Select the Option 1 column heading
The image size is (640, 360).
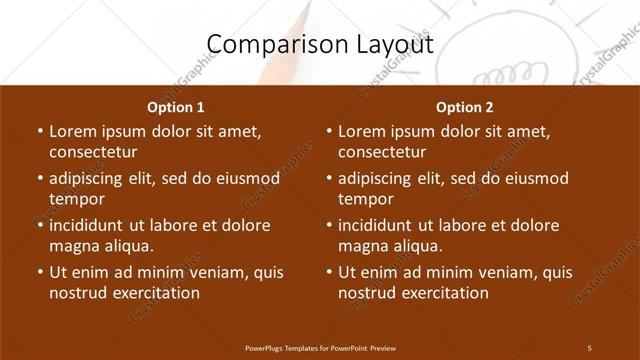pyautogui.click(x=175, y=107)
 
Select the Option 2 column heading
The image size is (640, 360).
pyautogui.click(x=465, y=107)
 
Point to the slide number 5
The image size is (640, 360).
pyautogui.click(x=589, y=347)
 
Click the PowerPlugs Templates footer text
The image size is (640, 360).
pyautogui.click(x=320, y=347)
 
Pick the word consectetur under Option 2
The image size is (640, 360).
pyautogui.click(x=382, y=152)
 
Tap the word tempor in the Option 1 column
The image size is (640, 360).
pyautogui.click(x=75, y=198)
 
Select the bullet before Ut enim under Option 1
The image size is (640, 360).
pyautogui.click(x=39, y=271)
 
